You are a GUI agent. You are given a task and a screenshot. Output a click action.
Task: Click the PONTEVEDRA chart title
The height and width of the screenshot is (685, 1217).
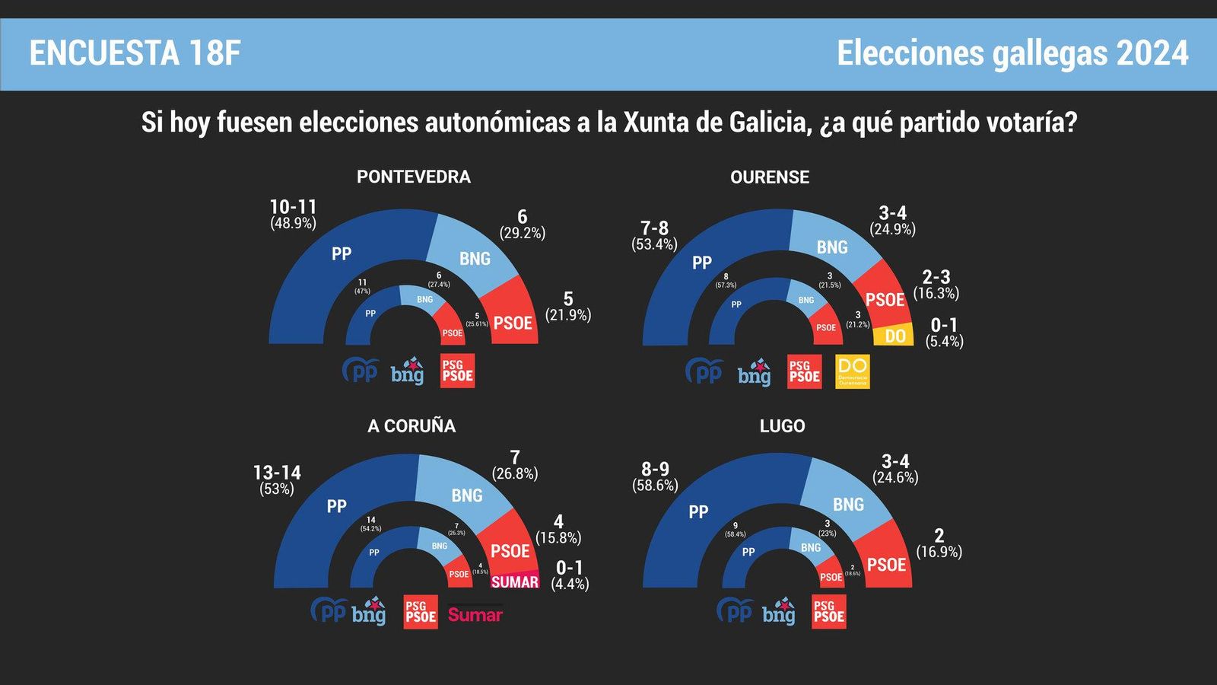414,177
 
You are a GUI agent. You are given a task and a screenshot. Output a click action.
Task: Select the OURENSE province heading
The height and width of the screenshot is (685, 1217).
770,177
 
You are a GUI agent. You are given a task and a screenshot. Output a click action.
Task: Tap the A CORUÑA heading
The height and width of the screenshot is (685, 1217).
411,426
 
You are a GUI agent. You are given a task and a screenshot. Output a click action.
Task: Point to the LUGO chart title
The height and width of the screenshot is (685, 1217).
782,426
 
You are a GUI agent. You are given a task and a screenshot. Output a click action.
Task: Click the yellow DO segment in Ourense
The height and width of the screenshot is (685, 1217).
894,336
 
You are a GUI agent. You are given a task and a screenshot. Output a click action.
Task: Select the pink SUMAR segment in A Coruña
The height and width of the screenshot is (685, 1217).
515,581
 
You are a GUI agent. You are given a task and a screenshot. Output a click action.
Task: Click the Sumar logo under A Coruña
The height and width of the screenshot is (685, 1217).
475,614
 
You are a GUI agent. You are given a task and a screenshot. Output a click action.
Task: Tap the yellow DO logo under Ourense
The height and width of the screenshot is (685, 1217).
852,371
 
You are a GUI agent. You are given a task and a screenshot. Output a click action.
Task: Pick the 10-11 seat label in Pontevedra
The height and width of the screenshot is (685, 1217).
293,207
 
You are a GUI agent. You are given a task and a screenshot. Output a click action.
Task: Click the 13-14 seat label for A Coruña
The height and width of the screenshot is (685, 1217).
277,473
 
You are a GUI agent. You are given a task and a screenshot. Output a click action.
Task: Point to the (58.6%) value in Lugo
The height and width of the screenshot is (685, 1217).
655,486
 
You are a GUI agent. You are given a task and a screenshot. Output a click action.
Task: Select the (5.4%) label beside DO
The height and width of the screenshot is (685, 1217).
945,342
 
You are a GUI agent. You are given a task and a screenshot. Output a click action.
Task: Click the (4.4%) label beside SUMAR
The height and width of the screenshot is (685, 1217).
570,584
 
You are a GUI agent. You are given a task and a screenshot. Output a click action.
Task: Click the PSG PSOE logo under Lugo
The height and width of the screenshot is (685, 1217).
829,612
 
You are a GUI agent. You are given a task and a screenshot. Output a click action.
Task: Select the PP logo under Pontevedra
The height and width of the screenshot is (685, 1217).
361,371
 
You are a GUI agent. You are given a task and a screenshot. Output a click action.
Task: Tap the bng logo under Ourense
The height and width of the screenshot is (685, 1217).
754,372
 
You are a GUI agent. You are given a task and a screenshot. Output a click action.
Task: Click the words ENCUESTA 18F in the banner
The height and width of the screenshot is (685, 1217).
135,53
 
